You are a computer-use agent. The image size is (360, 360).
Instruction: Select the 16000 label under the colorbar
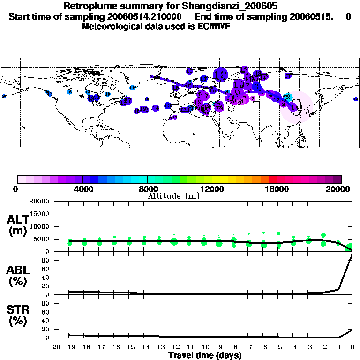coord(277,189)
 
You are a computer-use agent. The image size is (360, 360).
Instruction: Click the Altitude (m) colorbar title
coord(173,196)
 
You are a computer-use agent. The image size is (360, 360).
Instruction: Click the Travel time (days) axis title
coord(205,356)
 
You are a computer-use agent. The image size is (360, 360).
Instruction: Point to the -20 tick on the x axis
coord(55,347)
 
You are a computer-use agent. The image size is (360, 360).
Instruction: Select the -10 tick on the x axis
coord(204,347)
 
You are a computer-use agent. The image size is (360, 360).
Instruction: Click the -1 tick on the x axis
coord(338,347)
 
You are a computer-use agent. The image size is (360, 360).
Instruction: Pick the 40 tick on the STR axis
coord(46,321)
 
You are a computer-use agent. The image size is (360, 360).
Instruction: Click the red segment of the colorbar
coord(272,179)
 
